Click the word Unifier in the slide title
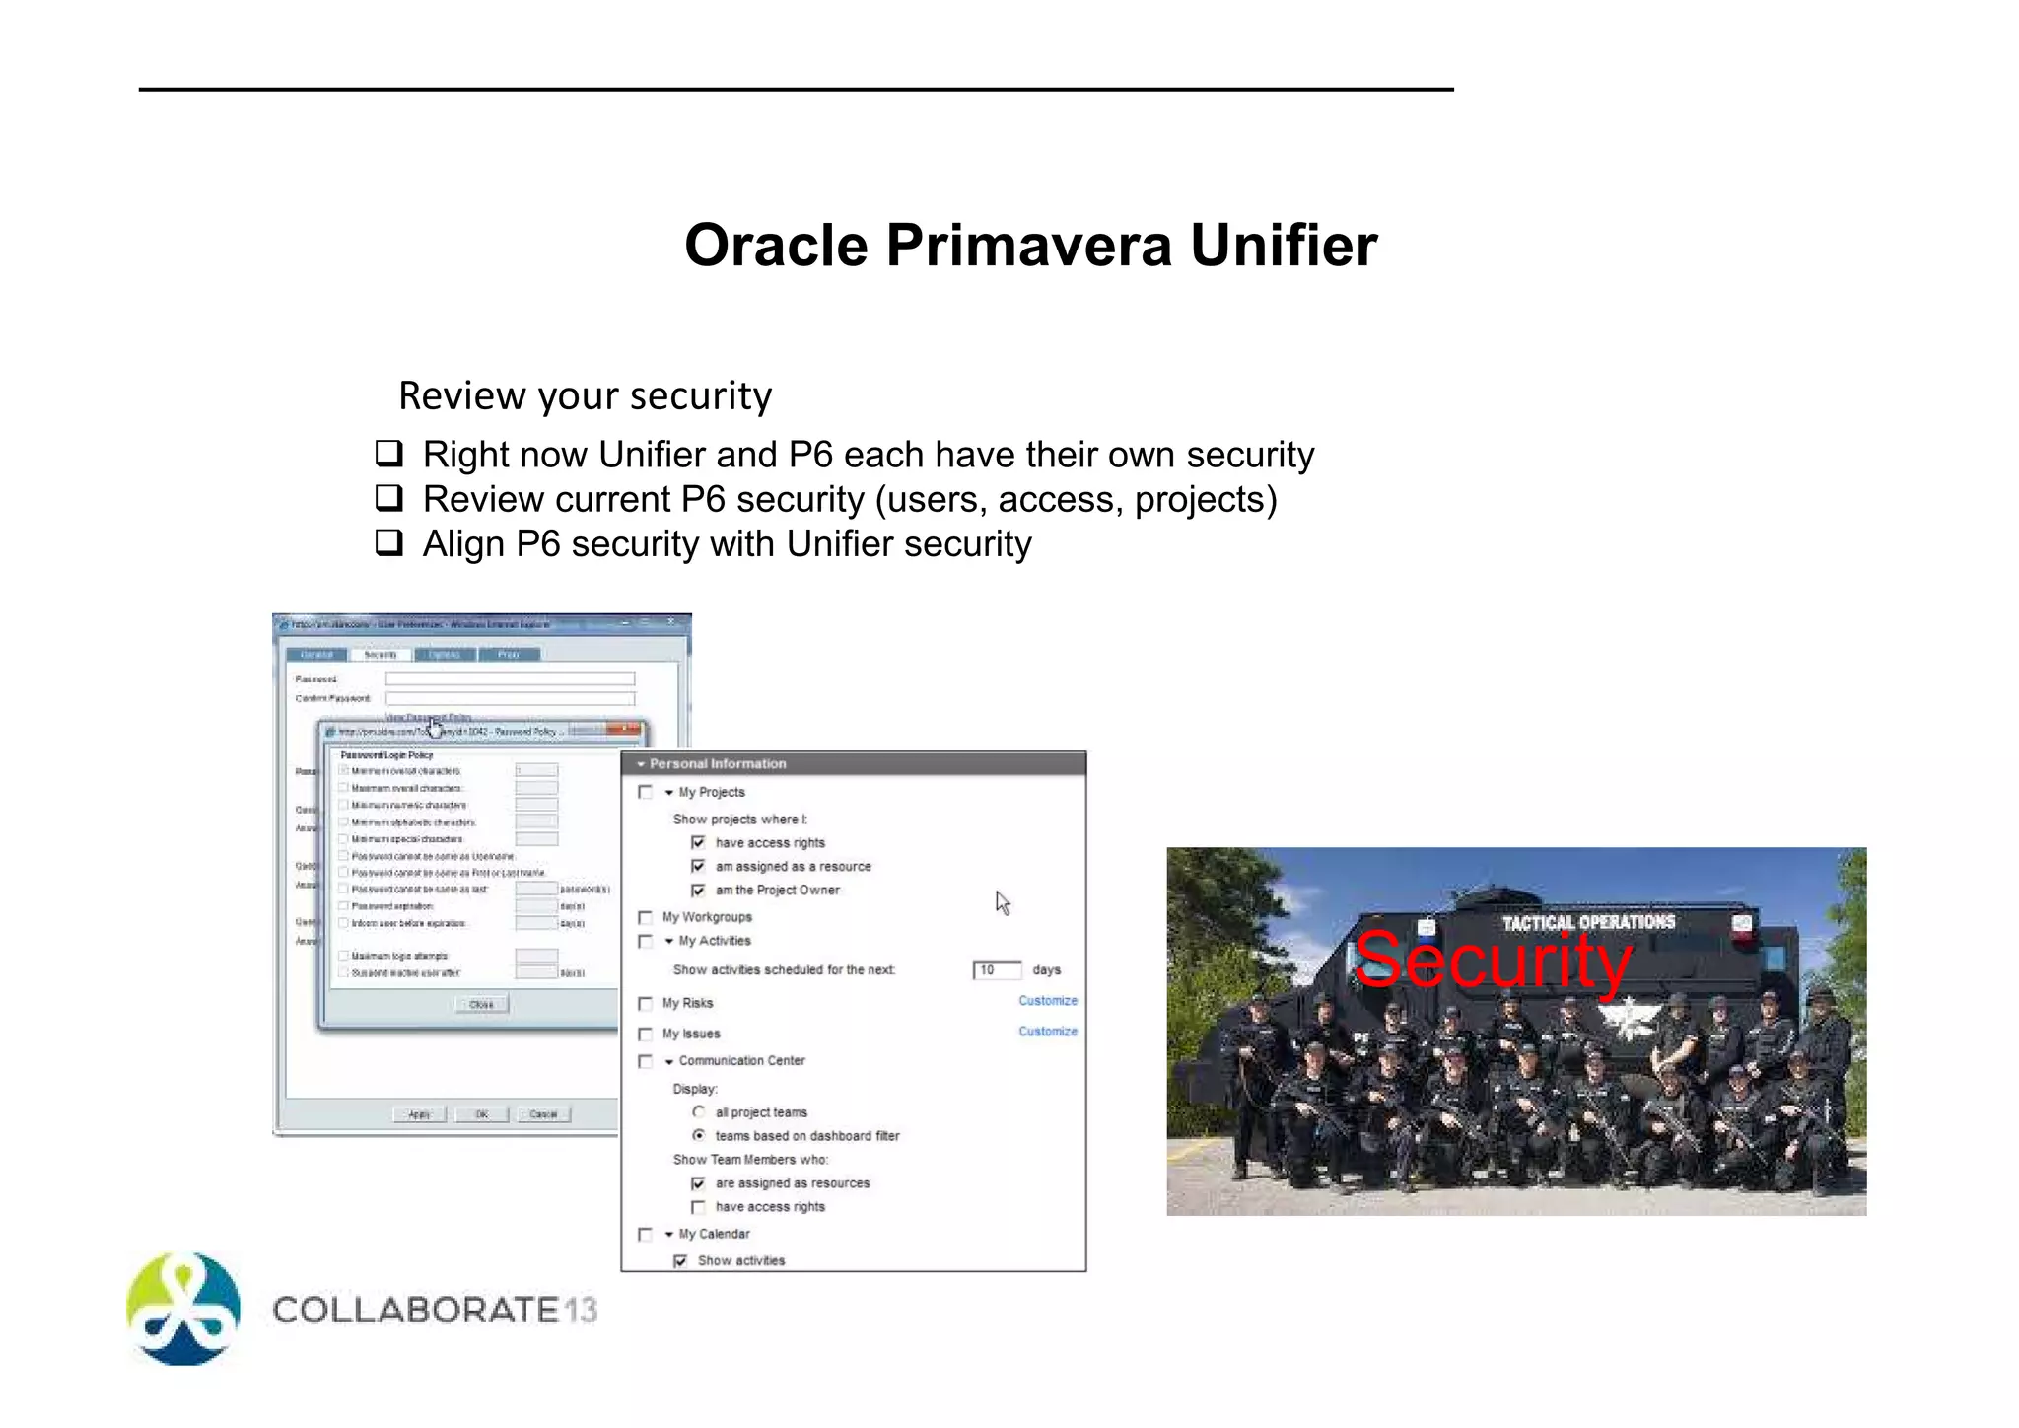pos(1283,245)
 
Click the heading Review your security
pos(585,395)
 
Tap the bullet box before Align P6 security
pos(389,542)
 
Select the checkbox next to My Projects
pos(646,792)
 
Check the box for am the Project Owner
pos(698,891)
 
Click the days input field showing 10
pos(996,970)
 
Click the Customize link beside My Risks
pos(1047,1001)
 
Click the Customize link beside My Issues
pos(1047,1032)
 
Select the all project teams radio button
pos(698,1112)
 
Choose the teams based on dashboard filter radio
pos(698,1136)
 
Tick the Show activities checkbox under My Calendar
pos(680,1261)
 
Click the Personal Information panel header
pos(853,764)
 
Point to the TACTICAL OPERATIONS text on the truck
pos(1588,922)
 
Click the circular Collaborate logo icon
pos(183,1310)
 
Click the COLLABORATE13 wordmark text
pos(435,1311)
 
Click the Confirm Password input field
pos(510,699)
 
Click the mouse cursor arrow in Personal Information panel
pos(1002,902)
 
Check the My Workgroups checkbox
pos(646,918)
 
